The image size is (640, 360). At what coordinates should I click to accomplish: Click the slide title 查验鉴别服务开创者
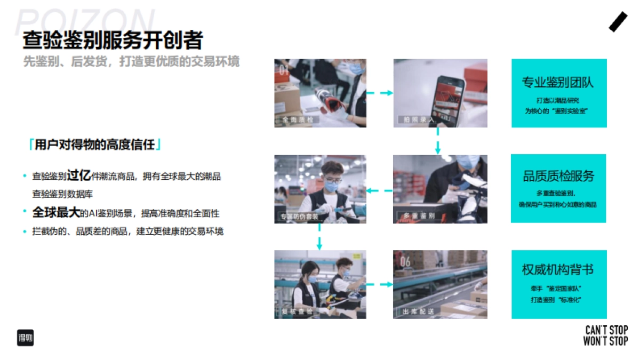point(113,41)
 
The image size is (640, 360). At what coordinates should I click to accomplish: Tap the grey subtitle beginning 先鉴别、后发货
point(131,62)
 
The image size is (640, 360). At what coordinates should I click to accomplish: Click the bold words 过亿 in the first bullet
point(79,176)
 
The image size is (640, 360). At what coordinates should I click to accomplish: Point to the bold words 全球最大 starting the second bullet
point(55,212)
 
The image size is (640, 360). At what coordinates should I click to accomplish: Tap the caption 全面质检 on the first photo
point(298,120)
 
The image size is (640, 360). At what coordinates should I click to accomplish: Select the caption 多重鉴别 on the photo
point(417,216)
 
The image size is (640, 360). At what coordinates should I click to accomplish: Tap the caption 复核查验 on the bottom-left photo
point(298,311)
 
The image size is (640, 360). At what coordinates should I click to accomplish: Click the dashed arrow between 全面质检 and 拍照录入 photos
point(380,93)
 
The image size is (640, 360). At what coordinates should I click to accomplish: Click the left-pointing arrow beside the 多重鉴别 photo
point(380,190)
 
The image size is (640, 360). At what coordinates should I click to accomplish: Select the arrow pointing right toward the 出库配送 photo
point(380,285)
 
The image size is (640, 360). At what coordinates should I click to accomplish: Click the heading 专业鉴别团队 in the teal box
point(558,83)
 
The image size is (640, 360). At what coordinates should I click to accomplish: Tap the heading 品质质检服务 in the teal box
point(558,177)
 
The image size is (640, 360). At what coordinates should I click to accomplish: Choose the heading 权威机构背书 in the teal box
point(558,270)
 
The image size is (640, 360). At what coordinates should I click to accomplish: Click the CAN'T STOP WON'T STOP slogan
point(605,335)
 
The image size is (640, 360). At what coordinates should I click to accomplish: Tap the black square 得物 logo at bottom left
point(25,338)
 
